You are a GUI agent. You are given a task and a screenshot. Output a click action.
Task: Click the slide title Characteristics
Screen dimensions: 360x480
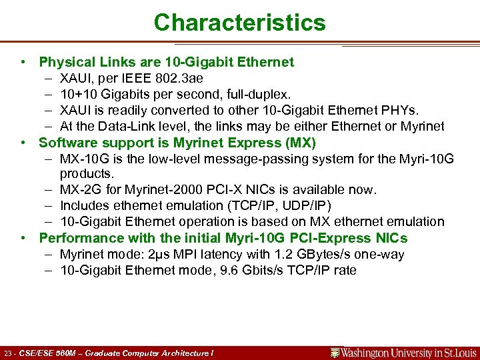click(239, 23)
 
